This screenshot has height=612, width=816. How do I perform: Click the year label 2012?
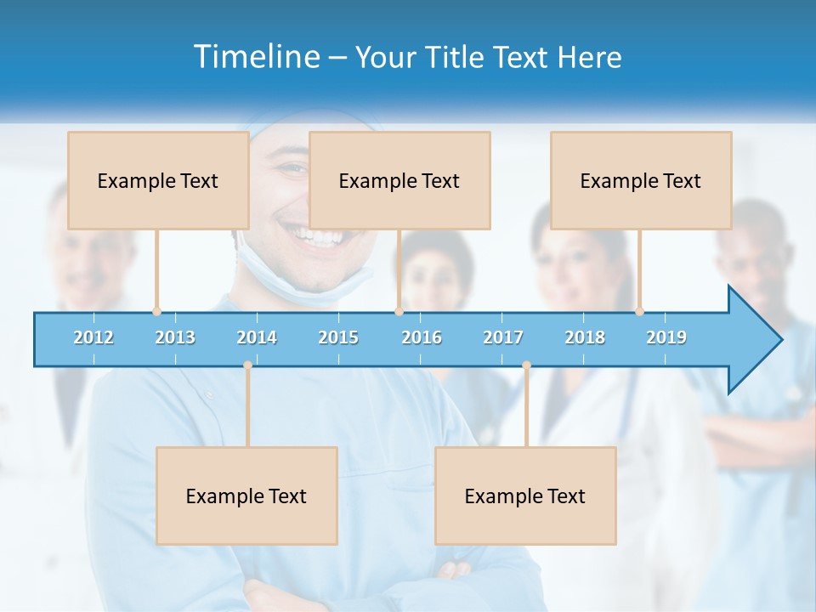point(93,337)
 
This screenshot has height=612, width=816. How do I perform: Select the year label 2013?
point(175,337)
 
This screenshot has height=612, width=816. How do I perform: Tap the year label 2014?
point(257,337)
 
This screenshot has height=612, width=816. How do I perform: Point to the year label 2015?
point(338,337)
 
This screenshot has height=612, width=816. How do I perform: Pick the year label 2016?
point(422,337)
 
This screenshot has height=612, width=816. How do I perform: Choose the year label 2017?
point(503,337)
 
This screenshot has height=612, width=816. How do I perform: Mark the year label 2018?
point(585,337)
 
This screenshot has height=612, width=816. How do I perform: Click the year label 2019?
point(666,337)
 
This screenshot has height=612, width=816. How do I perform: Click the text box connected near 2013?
point(158,180)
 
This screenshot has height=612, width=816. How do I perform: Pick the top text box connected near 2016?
point(399,180)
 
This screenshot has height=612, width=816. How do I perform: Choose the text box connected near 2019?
point(641,180)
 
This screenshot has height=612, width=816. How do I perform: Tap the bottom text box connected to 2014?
point(246,496)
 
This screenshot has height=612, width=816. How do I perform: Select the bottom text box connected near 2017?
point(525,496)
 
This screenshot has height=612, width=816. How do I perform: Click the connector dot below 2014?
point(247,365)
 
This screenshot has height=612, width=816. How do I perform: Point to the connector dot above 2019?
point(639,311)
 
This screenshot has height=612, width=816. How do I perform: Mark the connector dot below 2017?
point(526,365)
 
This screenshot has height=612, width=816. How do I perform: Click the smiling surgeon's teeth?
point(310,235)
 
